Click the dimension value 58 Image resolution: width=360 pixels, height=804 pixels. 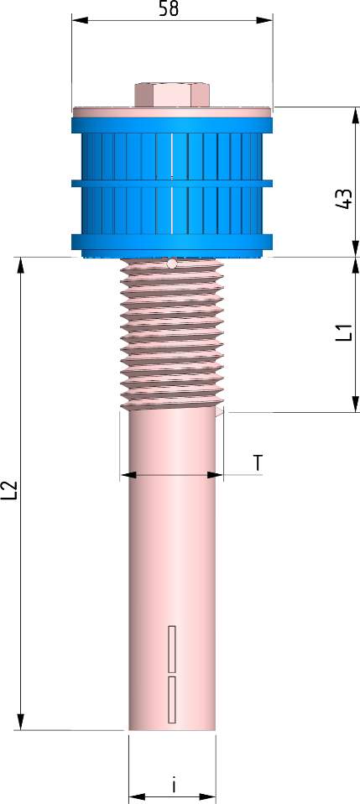click(172, 9)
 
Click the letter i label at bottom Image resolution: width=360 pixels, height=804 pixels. click(173, 786)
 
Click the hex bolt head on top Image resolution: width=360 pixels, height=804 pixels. click(171, 94)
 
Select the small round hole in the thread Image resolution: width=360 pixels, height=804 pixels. click(171, 264)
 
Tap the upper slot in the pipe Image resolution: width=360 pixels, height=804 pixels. click(172, 649)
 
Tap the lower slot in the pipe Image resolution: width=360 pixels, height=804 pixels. click(172, 699)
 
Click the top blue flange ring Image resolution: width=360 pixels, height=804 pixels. click(172, 124)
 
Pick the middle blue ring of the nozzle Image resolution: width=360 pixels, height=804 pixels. click(172, 181)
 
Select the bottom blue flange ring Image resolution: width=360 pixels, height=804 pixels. click(172, 244)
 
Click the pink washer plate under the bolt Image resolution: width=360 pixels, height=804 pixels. click(172, 111)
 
